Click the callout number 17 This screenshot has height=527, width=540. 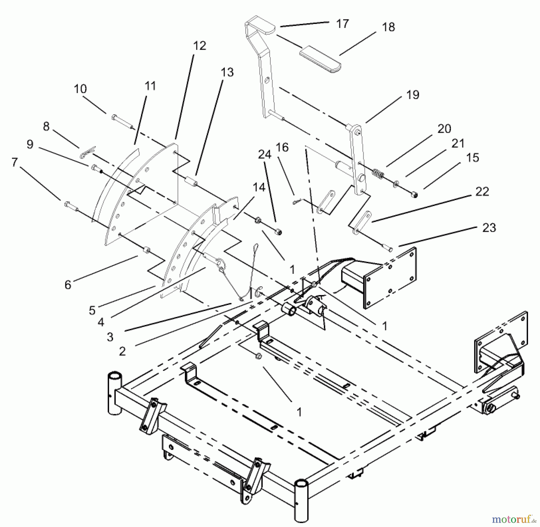pyautogui.click(x=342, y=24)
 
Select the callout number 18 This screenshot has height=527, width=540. pyautogui.click(x=388, y=27)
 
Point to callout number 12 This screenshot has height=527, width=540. pyautogui.click(x=199, y=46)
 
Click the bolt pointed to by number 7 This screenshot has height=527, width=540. pyautogui.click(x=71, y=206)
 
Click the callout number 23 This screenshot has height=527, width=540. pyautogui.click(x=489, y=228)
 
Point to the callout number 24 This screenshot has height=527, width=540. pyautogui.click(x=265, y=154)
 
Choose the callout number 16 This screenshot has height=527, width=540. pyautogui.click(x=282, y=147)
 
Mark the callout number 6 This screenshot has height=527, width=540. pyautogui.click(x=68, y=285)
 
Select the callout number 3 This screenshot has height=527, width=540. pyautogui.click(x=110, y=337)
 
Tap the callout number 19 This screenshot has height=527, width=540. pyautogui.click(x=412, y=95)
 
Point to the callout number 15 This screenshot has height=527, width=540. pyautogui.click(x=473, y=158)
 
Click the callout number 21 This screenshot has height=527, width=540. pyautogui.click(x=458, y=143)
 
